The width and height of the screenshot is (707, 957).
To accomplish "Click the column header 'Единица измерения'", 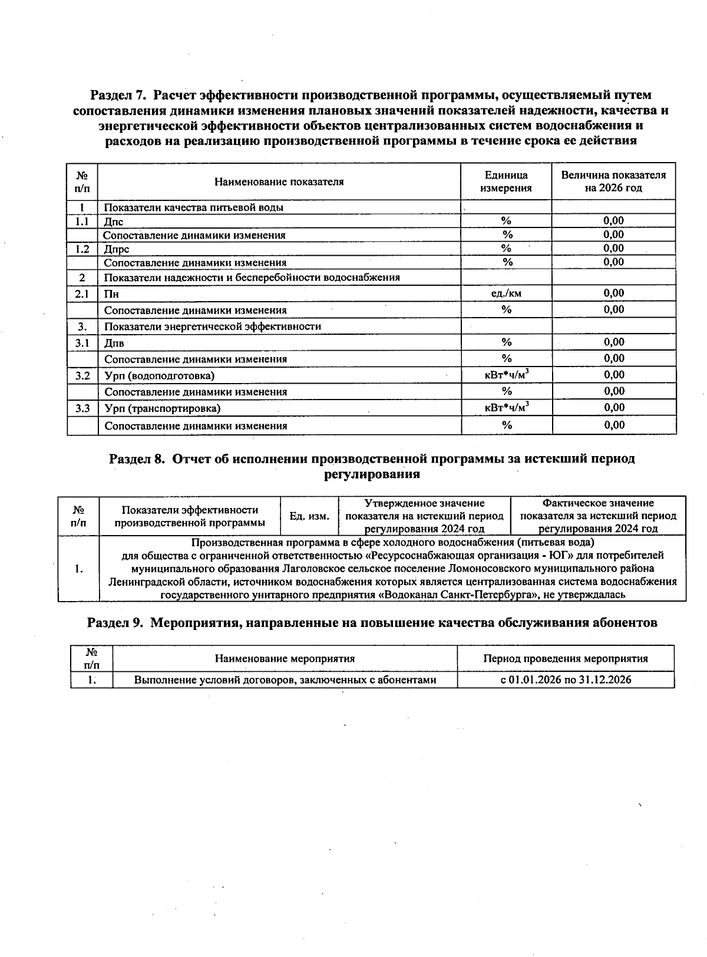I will (x=506, y=181).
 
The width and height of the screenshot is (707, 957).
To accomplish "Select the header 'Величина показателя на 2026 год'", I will (x=613, y=181).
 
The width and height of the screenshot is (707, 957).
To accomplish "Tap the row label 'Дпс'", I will (x=114, y=222).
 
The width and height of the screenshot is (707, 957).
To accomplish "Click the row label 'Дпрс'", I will (x=117, y=249).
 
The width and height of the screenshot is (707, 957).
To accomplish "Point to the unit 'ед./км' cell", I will (x=506, y=293).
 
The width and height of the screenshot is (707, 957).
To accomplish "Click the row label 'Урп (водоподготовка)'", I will (x=160, y=375).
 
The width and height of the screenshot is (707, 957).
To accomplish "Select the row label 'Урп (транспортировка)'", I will (x=163, y=408).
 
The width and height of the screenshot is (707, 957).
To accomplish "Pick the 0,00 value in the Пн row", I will (x=613, y=293).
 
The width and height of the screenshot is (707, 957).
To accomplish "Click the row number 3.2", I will (x=82, y=375).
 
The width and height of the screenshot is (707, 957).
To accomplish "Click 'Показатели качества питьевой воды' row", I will (x=194, y=207).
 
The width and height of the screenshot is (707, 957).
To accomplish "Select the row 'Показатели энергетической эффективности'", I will (x=213, y=326).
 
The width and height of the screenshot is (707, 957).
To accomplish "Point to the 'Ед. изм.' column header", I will (x=309, y=516).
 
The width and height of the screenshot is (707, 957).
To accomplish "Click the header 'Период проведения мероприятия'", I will (x=565, y=659).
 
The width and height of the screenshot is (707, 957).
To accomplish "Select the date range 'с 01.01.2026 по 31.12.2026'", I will (x=565, y=679).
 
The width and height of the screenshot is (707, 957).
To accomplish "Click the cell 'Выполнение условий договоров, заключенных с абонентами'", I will (x=285, y=679).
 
